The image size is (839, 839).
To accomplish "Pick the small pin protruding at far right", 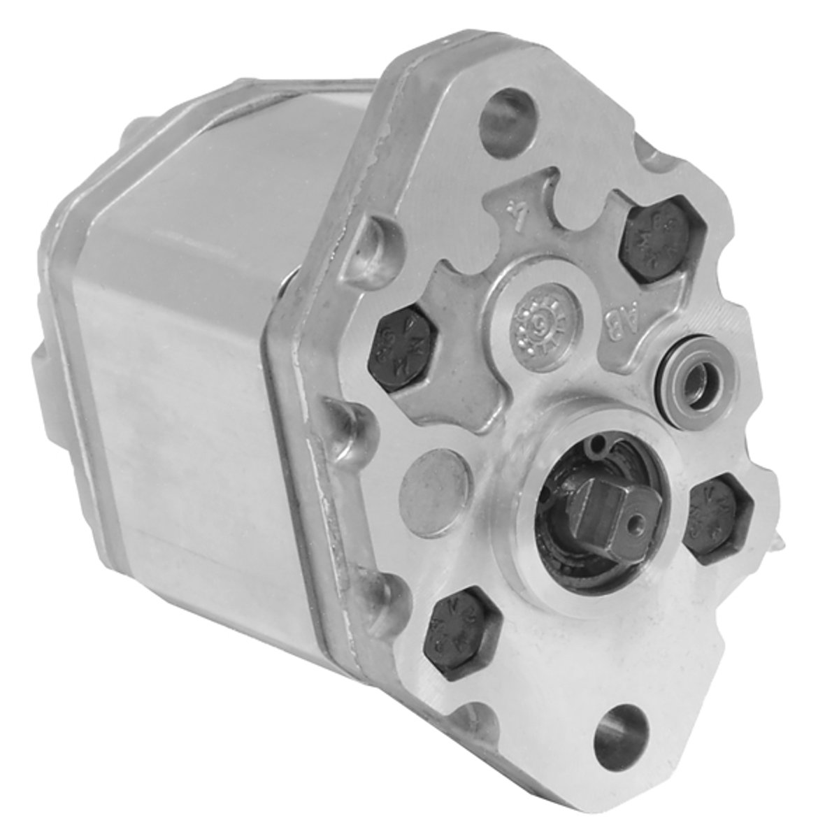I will click(x=783, y=539).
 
